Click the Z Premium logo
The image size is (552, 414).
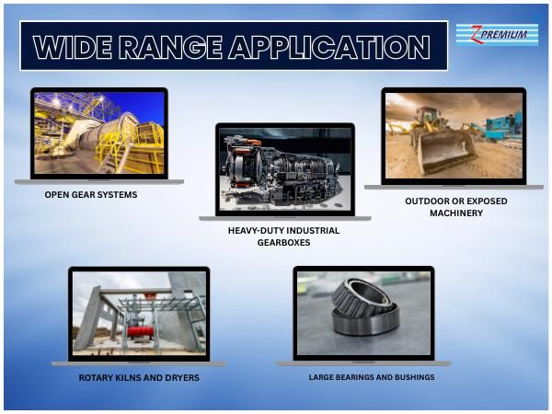498,35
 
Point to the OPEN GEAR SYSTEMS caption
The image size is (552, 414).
91,195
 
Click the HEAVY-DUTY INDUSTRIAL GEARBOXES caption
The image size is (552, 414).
283,236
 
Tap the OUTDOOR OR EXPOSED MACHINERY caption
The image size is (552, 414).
455,206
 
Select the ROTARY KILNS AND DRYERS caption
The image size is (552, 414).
138,377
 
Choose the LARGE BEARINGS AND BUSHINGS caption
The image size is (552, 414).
372,377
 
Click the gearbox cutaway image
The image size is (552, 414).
284,169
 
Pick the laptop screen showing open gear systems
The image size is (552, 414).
98,132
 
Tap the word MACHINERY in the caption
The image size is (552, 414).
455,213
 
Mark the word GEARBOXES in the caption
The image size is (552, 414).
283,243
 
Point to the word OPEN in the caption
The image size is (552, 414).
57,195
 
